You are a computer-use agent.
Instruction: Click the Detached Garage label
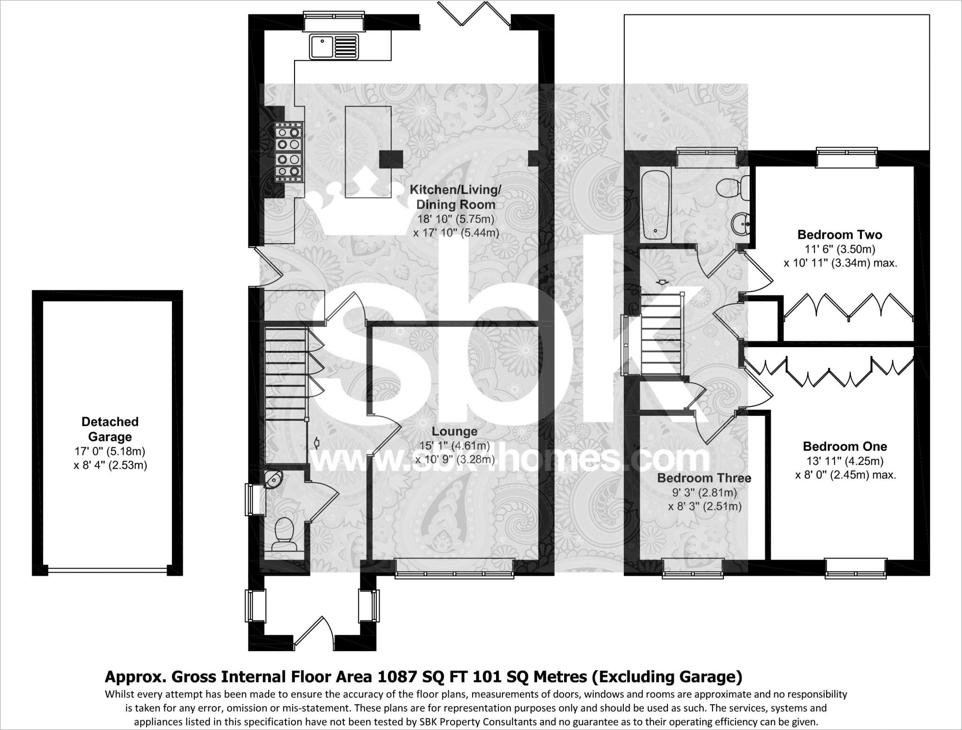click(110, 429)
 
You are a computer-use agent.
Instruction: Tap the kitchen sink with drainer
click(334, 47)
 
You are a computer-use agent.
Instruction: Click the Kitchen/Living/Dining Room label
click(456, 197)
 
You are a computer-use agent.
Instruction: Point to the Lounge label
click(454, 431)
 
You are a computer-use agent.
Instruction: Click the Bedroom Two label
click(840, 234)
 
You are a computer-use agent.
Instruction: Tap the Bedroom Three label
click(704, 478)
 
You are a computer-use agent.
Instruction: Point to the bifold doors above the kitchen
click(473, 14)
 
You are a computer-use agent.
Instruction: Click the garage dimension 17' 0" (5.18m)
click(110, 451)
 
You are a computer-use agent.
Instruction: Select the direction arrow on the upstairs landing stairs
click(663, 282)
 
